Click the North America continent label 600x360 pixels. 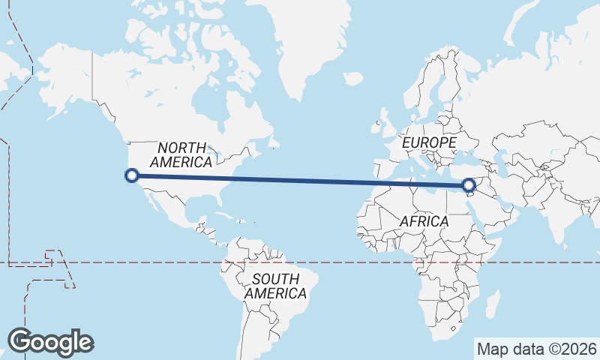click(x=181, y=154)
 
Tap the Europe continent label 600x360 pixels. click(x=428, y=142)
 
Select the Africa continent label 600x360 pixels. click(x=424, y=221)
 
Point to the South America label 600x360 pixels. click(x=275, y=286)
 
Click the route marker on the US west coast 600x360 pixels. click(x=132, y=175)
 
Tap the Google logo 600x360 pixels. click(x=50, y=341)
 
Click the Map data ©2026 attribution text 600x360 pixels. click(x=537, y=349)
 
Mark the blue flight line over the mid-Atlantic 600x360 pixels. click(x=300, y=180)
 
